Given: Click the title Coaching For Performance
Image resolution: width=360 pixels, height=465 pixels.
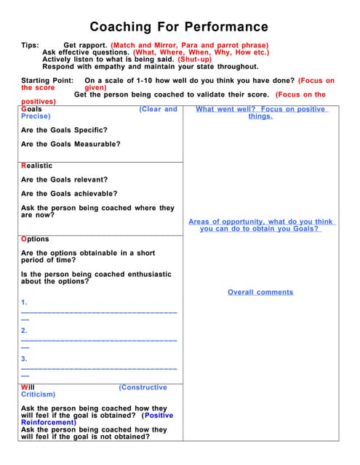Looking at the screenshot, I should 179,27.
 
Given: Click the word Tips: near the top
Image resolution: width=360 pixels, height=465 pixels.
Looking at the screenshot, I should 30,46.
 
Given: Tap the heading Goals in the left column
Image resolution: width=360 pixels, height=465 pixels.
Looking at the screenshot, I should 32,109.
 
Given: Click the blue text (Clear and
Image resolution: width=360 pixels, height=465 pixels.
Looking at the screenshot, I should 158,109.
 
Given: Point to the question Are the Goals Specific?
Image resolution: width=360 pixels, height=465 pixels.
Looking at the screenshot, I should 65,130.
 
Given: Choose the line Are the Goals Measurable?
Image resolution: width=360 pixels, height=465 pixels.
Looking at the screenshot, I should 71,144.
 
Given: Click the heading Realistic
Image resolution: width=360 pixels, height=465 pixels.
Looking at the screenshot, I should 37,166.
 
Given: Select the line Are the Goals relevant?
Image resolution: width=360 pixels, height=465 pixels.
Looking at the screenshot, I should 64,179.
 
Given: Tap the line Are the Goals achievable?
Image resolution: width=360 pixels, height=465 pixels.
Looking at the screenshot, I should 68,194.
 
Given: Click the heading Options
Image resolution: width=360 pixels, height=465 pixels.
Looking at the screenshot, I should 35,239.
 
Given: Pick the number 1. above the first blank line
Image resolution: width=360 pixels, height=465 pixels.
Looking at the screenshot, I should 25,302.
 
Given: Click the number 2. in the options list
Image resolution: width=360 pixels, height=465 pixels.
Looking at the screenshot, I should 25,330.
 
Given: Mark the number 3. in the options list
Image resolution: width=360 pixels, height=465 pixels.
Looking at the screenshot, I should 25,358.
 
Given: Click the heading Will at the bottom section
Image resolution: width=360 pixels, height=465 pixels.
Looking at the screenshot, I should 28,387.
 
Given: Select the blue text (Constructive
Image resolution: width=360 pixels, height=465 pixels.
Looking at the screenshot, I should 143,387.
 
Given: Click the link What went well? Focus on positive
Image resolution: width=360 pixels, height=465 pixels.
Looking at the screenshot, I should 261,109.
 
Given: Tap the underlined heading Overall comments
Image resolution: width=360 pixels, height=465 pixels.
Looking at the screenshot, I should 260,292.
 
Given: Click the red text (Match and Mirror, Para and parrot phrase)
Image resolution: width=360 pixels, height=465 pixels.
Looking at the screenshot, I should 189,46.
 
